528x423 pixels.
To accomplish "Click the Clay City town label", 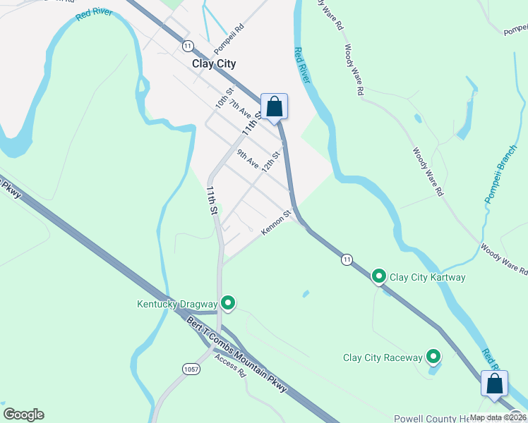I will click(214, 63).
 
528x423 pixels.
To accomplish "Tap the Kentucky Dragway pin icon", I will click(228, 304).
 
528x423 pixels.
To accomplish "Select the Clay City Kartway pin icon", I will click(379, 276).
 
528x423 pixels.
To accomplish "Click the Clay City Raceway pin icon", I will click(433, 357).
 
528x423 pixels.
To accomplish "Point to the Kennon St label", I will click(276, 223).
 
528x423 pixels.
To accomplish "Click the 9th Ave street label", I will click(248, 158).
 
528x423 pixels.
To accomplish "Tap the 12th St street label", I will click(271, 161).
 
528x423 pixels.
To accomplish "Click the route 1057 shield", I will click(191, 369).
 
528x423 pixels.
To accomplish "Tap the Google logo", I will click(23, 415).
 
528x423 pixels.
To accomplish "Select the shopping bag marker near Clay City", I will click(275, 107).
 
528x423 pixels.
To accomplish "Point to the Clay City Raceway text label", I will click(383, 358).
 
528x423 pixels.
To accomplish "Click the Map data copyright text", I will click(498, 417).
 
